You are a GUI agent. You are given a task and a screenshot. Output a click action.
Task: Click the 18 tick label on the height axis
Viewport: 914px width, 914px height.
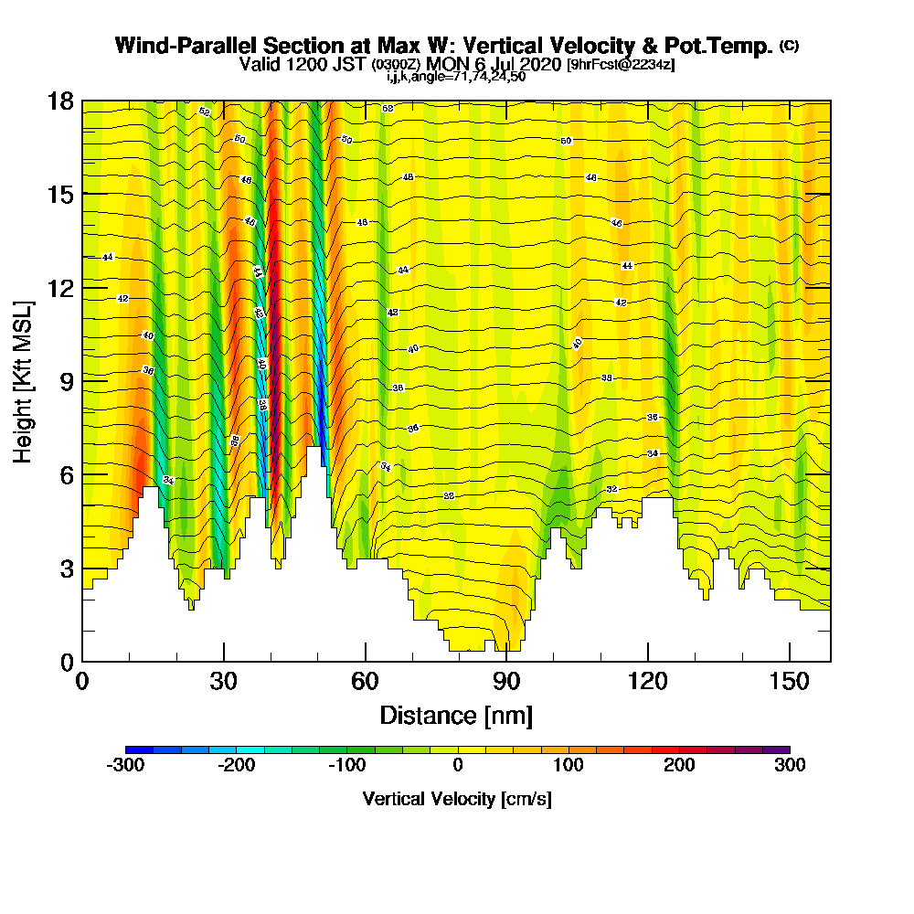pyautogui.click(x=60, y=101)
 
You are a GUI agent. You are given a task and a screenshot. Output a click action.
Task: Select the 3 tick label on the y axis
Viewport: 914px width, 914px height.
pyautogui.click(x=66, y=568)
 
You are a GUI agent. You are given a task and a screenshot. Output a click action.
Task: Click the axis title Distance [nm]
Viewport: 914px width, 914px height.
pyautogui.click(x=456, y=715)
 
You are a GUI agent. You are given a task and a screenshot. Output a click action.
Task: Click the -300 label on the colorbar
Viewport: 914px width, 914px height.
pyautogui.click(x=125, y=765)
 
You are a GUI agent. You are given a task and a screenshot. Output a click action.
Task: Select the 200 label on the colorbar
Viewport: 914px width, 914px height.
pyautogui.click(x=679, y=765)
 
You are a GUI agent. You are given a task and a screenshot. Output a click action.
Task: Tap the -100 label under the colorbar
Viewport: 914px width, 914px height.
pyautogui.click(x=347, y=765)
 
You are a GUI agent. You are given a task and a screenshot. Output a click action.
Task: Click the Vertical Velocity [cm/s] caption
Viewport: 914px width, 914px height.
pyautogui.click(x=457, y=799)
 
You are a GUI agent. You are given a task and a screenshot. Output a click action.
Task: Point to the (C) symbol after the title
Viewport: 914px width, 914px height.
pyautogui.click(x=789, y=46)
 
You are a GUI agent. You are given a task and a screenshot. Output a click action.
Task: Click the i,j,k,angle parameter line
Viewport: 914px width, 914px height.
pyautogui.click(x=456, y=77)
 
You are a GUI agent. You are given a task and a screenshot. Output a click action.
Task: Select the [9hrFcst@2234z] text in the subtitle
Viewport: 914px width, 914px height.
pyautogui.click(x=621, y=64)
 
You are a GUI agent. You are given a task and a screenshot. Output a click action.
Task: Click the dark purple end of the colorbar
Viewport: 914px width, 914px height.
pyautogui.click(x=781, y=749)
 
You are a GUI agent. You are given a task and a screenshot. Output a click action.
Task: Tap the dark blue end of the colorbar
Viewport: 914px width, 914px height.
pyautogui.click(x=133, y=749)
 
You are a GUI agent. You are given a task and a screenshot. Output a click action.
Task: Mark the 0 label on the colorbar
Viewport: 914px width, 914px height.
pyautogui.click(x=457, y=765)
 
